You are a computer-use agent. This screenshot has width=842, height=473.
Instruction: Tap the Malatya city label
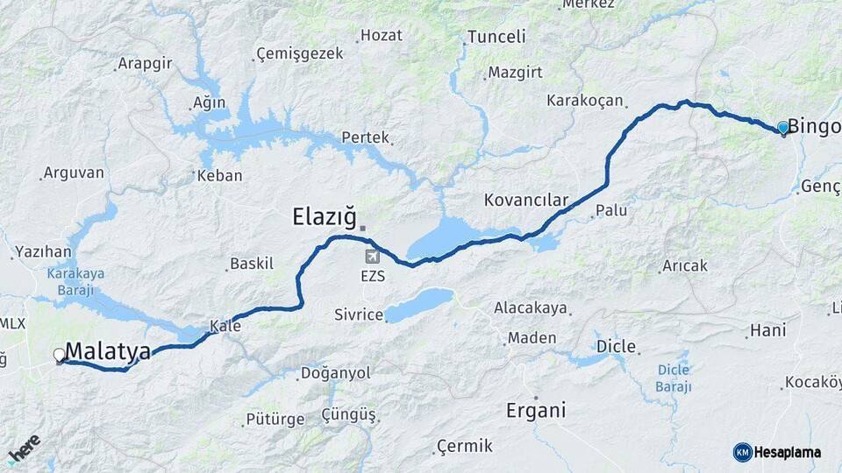click(x=108, y=351)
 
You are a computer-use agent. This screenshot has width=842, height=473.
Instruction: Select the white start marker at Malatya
click(x=60, y=355)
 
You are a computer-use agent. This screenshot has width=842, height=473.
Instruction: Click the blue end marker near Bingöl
click(x=783, y=128)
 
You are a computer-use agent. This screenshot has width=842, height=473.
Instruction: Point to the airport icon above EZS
click(x=373, y=257)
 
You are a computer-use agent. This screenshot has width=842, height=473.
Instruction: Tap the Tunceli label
click(x=496, y=37)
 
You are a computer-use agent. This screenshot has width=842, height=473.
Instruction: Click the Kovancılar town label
click(x=526, y=200)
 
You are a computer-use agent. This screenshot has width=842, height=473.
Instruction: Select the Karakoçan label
click(x=585, y=100)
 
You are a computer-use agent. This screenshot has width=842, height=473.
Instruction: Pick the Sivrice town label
click(x=359, y=314)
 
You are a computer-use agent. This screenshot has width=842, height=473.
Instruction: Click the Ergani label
click(x=536, y=410)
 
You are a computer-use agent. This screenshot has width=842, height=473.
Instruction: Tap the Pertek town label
click(x=365, y=138)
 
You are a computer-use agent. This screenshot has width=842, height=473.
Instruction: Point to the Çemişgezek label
click(x=299, y=54)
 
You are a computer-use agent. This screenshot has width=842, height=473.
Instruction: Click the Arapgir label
click(x=145, y=64)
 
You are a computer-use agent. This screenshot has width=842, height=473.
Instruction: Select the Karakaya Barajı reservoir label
click(x=75, y=280)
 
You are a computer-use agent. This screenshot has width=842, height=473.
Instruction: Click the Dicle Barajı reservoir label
click(x=674, y=378)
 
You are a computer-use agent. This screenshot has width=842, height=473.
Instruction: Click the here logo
click(x=24, y=448)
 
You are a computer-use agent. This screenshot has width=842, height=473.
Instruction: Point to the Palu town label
click(x=611, y=211)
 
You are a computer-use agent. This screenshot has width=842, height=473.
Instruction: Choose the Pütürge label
click(x=275, y=420)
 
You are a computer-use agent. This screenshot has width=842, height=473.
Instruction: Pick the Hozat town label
click(x=382, y=36)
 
